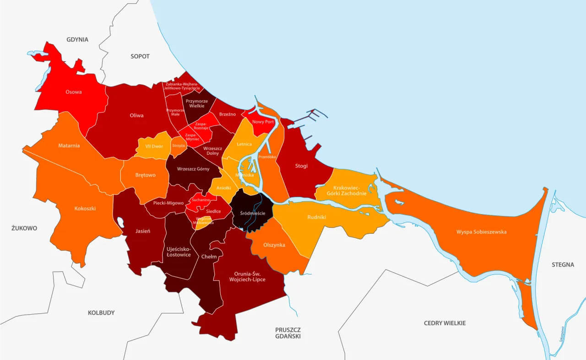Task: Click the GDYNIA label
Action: tap(77, 40)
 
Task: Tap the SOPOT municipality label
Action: tap(140, 56)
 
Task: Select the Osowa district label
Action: tap(74, 92)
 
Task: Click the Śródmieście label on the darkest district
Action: tap(253, 214)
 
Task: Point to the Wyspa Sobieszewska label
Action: tap(481, 232)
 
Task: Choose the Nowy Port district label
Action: tap(263, 122)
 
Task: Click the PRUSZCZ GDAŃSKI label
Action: tap(288, 333)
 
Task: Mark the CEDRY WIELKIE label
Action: tap(445, 323)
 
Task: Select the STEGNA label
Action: tap(563, 264)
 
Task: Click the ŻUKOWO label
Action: tap(24, 228)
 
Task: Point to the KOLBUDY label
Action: tap(101, 313)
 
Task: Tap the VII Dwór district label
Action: tap(154, 146)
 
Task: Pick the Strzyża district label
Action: tap(178, 145)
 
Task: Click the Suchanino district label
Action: tap(201, 200)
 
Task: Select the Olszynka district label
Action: tap(274, 245)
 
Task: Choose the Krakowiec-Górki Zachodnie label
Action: tap(347, 191)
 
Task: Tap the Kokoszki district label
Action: tap(85, 209)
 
